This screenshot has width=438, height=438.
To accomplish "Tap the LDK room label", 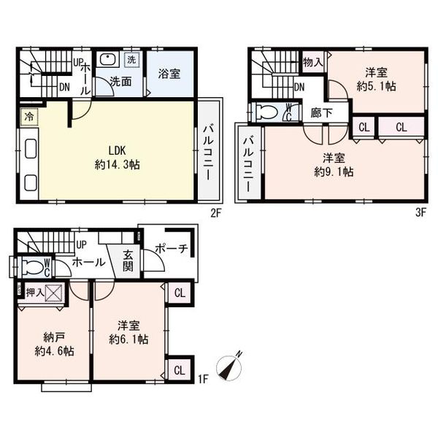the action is point(117,151).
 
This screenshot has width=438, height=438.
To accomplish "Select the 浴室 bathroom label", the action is point(169,74).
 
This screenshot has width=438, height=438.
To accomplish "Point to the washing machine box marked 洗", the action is point(131,60).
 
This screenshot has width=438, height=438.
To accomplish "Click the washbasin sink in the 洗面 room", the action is point(108,59).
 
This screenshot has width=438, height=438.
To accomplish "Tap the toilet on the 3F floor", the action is point(266,113).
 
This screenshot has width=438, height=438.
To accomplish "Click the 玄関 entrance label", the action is point(128,261).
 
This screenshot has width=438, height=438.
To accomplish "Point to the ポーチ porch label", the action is point(171,248).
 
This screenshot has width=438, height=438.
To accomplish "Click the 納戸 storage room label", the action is point(54,338).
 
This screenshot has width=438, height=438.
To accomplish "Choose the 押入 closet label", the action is point(35,293).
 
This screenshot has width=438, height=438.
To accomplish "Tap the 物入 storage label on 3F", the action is point(313,62).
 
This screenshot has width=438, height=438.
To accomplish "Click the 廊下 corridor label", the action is point(321,113).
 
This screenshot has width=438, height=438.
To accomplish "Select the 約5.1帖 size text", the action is point(376,86).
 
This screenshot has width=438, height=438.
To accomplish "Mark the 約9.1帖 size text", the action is point(334,172).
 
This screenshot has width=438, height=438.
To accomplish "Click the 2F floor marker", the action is point(215,213).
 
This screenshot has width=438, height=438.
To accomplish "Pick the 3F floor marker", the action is point(420,213).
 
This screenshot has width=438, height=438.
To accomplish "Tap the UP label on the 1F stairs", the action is point(81,245).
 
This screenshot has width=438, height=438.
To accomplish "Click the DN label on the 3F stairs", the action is point(299,88).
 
